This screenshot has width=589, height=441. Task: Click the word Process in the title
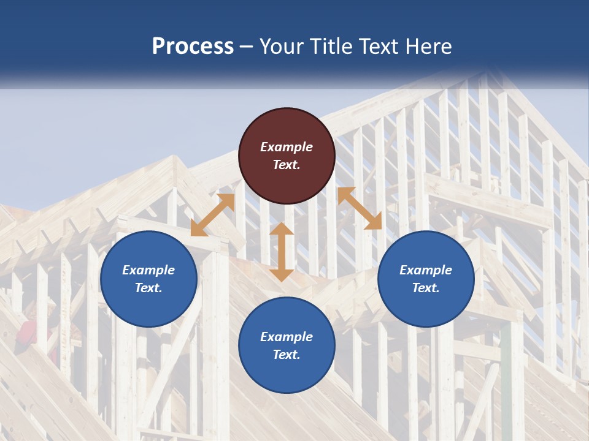pyautogui.click(x=193, y=47)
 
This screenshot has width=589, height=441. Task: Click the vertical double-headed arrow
pyautogui.click(x=282, y=252)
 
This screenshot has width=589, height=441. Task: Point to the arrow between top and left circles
pyautogui.click(x=212, y=215)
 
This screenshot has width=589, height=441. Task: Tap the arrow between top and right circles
pyautogui.click(x=360, y=208)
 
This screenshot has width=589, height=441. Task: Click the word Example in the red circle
pyautogui.click(x=287, y=147)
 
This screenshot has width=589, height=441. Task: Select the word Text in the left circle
pyautogui.click(x=148, y=288)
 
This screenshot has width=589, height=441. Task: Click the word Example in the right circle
pyautogui.click(x=426, y=270)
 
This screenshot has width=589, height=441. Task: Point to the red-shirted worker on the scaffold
pyautogui.click(x=27, y=334)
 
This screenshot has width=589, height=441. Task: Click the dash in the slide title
pyautogui.click(x=247, y=47)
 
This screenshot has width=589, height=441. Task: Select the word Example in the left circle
pyautogui.click(x=148, y=270)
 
